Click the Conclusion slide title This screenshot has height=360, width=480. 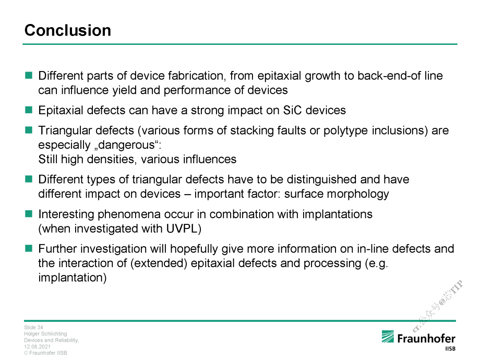(x=68, y=30)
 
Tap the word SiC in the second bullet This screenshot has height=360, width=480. (x=292, y=110)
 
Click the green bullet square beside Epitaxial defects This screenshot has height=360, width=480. (x=29, y=110)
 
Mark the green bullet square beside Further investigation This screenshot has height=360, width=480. (x=29, y=248)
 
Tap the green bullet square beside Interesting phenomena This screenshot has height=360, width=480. (x=29, y=214)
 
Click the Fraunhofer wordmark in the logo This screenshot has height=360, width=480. (x=426, y=339)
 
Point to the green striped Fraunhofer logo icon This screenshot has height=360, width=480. (x=388, y=337)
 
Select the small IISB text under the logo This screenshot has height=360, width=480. (x=450, y=349)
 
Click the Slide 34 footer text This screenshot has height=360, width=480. (x=34, y=328)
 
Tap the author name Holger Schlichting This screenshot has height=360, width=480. (x=46, y=334)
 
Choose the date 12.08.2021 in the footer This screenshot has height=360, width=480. (x=37, y=347)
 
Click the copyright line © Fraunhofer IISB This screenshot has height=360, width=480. (x=46, y=352)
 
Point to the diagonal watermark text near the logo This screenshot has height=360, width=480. (x=438, y=306)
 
